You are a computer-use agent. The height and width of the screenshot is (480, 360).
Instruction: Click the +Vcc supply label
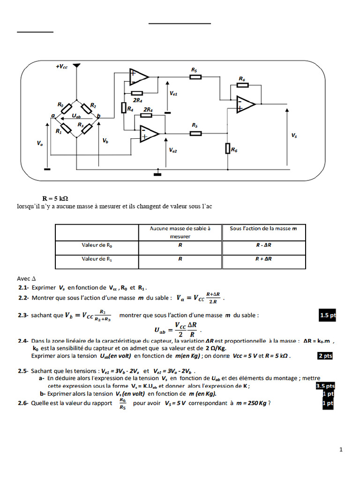click(62, 67)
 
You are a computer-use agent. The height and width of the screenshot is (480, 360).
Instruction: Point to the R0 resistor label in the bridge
click(60, 105)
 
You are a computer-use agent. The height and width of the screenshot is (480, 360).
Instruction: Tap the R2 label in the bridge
click(93, 105)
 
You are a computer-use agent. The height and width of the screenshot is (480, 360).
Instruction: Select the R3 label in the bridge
click(81, 125)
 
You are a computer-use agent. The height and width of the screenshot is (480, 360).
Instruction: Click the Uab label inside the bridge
click(77, 115)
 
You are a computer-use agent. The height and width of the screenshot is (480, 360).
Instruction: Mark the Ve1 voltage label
click(173, 94)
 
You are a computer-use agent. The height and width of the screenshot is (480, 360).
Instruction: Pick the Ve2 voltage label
click(173, 150)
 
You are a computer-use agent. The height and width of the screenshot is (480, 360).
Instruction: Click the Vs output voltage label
click(294, 135)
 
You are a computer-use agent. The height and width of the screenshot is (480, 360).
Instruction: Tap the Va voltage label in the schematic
click(40, 144)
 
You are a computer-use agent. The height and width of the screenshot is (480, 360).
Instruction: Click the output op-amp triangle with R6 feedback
click(245, 104)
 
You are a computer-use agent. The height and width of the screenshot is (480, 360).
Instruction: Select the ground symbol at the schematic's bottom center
click(157, 174)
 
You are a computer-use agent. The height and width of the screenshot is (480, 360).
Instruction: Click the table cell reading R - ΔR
click(264, 245)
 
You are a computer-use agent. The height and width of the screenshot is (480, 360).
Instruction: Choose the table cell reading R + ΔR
click(264, 259)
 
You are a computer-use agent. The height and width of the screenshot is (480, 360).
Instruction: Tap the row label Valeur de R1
click(97, 259)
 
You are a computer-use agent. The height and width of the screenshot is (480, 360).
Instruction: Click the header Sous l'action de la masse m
click(264, 228)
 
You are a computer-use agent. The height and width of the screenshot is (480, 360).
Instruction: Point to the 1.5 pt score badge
click(328, 315)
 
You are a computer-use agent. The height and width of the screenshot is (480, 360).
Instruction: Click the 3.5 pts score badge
click(325, 386)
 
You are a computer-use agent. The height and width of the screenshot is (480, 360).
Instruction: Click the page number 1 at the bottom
click(341, 450)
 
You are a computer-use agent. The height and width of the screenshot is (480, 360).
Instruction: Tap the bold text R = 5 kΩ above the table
click(56, 198)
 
